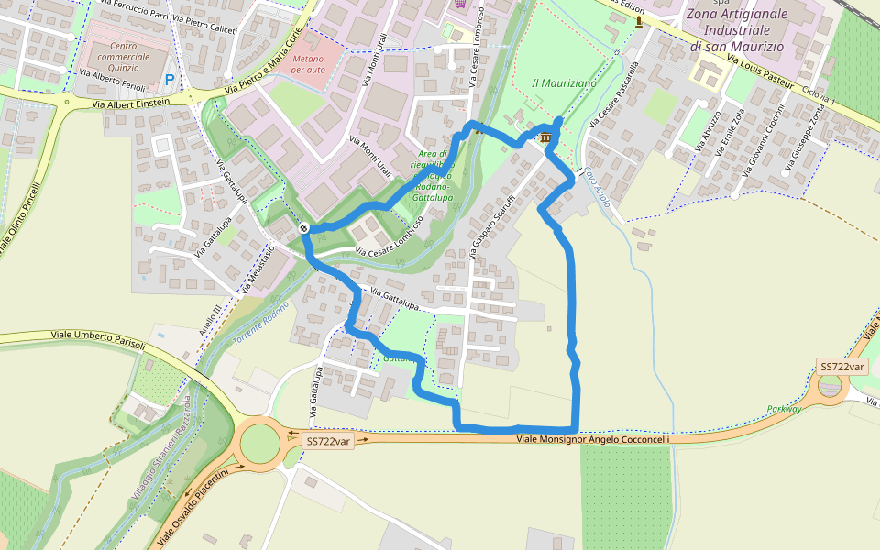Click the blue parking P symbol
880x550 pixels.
click(x=170, y=81)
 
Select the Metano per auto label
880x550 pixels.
click(x=308, y=64)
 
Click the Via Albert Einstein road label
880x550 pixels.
click(x=131, y=104)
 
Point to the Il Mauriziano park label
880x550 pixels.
click(x=564, y=83)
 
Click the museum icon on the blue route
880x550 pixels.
click(x=546, y=137)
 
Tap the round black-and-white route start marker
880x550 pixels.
click(x=303, y=227)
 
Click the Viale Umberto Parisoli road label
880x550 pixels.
click(x=98, y=338)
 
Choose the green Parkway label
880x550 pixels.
click(x=784, y=409)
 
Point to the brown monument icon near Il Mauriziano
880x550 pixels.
click(x=639, y=20)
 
